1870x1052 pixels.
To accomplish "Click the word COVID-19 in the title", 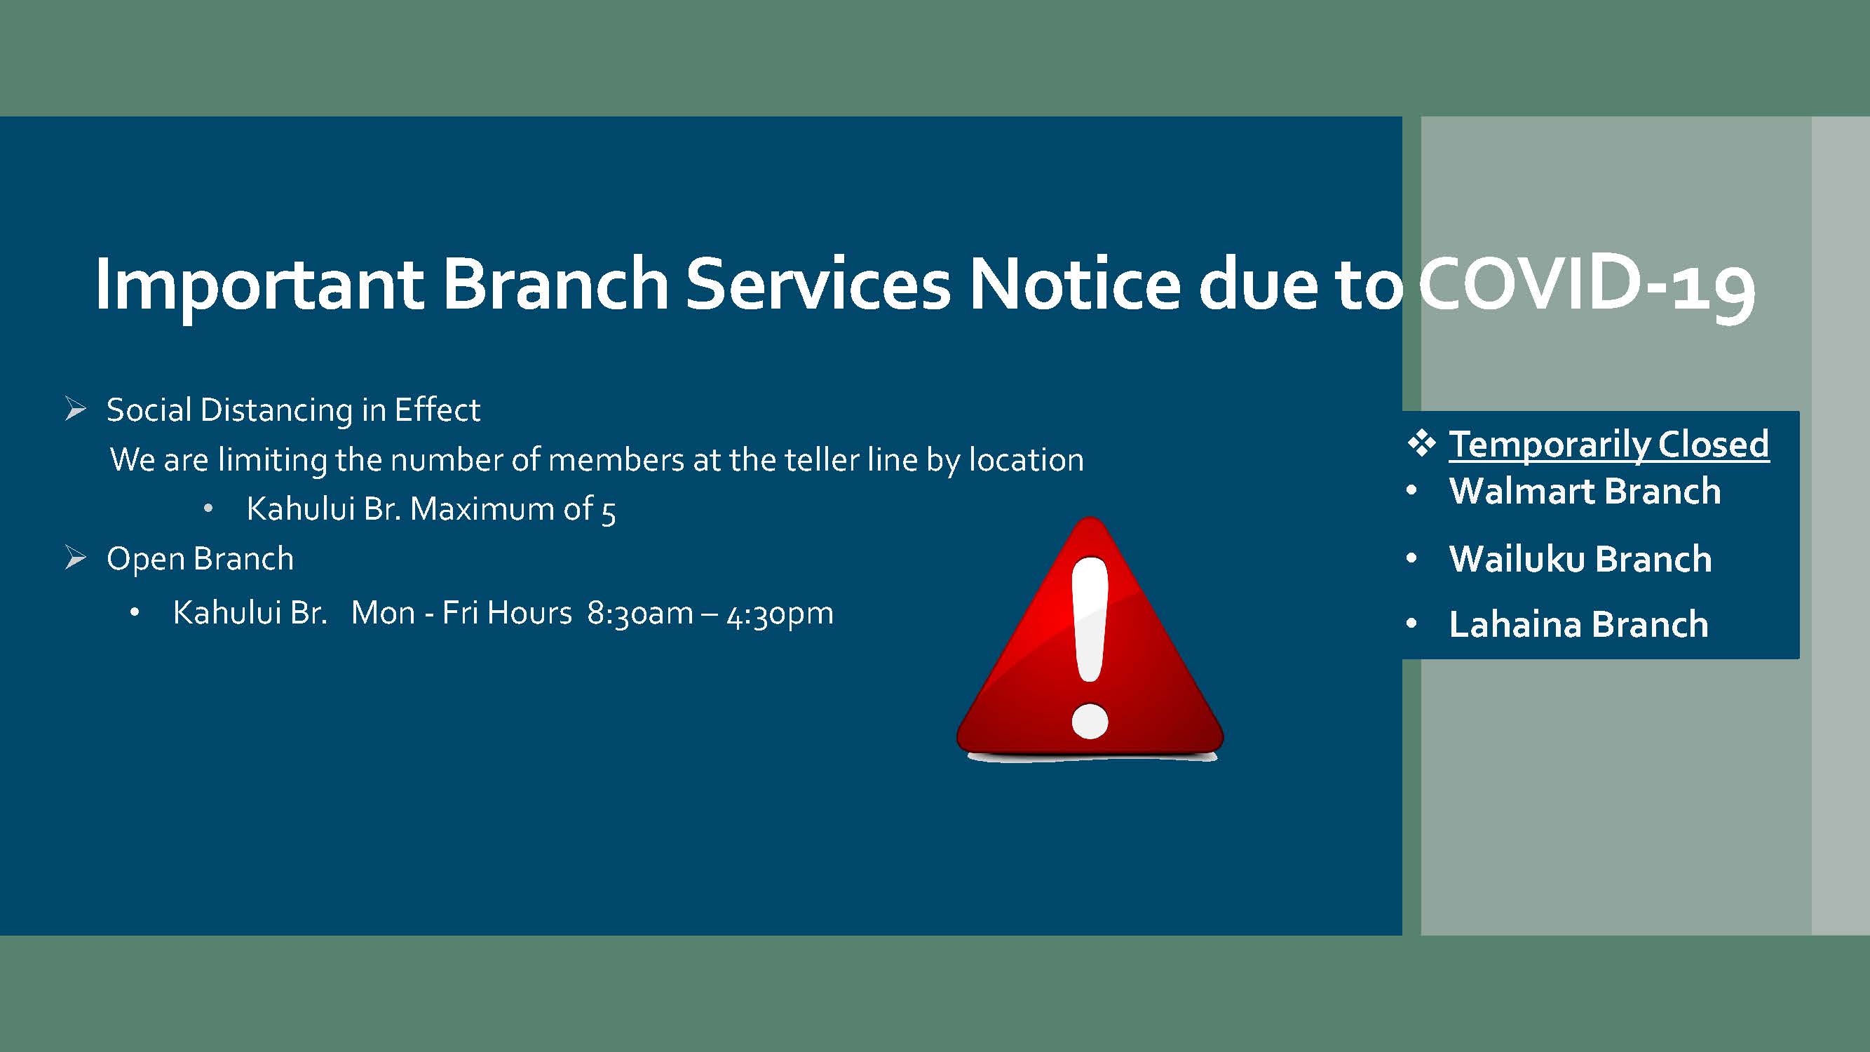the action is (x=1586, y=285).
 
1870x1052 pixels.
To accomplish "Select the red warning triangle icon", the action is (x=1090, y=639).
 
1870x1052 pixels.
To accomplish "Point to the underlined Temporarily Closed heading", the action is (x=1608, y=445).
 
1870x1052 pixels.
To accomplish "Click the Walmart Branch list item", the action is (x=1585, y=492).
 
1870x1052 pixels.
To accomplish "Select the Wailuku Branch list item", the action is (x=1580, y=559).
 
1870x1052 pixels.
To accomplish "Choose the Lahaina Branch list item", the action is (x=1579, y=624).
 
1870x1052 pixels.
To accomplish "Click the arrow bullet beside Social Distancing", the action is (x=76, y=409).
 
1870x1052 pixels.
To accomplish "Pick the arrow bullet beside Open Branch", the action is (x=76, y=558).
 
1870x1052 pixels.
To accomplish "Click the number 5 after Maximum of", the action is (x=609, y=512).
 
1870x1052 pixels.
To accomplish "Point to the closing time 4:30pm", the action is (x=780, y=614).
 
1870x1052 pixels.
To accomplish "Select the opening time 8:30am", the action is (x=640, y=614).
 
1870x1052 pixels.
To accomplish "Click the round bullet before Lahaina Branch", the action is (x=1411, y=623).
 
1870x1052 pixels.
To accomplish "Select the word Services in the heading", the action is (x=818, y=285).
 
